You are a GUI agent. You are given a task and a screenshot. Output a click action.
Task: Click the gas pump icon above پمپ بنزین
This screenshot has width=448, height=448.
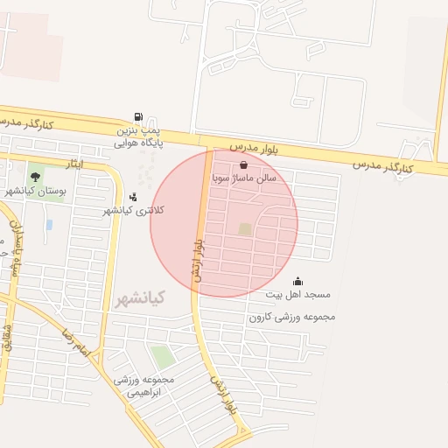(138, 117)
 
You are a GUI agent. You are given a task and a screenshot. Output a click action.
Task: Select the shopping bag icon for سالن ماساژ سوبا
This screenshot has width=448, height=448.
(243, 164)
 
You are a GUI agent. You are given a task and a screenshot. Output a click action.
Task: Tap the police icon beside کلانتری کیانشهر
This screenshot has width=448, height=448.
(133, 197)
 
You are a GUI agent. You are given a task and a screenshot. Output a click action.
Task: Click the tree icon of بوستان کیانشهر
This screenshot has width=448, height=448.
(35, 177)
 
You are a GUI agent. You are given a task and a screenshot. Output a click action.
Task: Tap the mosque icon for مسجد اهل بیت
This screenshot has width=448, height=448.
(297, 282)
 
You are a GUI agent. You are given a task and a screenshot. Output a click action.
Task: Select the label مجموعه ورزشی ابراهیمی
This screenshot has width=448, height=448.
(144, 386)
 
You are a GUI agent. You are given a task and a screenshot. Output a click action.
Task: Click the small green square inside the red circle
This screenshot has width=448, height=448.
(245, 229)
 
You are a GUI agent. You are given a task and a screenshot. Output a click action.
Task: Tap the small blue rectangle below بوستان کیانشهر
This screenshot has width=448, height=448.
(49, 225)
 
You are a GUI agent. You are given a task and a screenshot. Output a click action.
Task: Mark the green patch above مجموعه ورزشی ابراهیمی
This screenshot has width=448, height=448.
(162, 356)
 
